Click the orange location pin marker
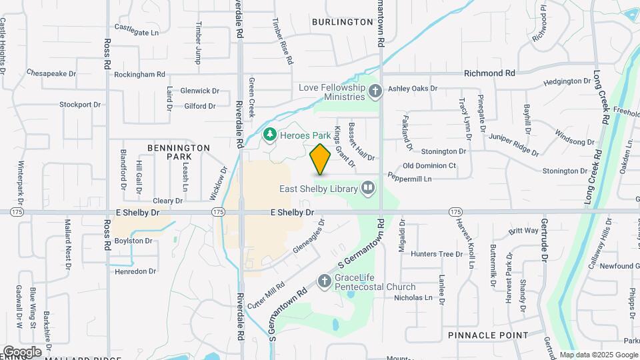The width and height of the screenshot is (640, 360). pyautogui.click(x=321, y=159)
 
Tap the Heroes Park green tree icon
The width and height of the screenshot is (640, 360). pyautogui.click(x=270, y=135)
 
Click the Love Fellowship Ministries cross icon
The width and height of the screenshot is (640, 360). pyautogui.click(x=375, y=91)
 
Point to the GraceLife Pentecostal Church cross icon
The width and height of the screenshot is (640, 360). pyautogui.click(x=325, y=281)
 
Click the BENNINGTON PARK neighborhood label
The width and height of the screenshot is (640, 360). pyautogui.click(x=178, y=152)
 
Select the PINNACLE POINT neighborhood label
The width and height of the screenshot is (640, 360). pyautogui.click(x=488, y=335)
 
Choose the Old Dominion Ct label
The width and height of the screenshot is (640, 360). pyautogui.click(x=429, y=165)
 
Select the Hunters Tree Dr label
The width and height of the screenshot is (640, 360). pyautogui.click(x=437, y=254)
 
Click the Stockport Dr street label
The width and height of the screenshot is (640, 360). pyautogui.click(x=79, y=104)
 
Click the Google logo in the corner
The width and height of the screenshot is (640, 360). pyautogui.click(x=22, y=351)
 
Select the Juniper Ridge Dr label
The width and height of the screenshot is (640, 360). pyautogui.click(x=513, y=145)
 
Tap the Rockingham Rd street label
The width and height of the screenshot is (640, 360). pyautogui.click(x=139, y=75)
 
